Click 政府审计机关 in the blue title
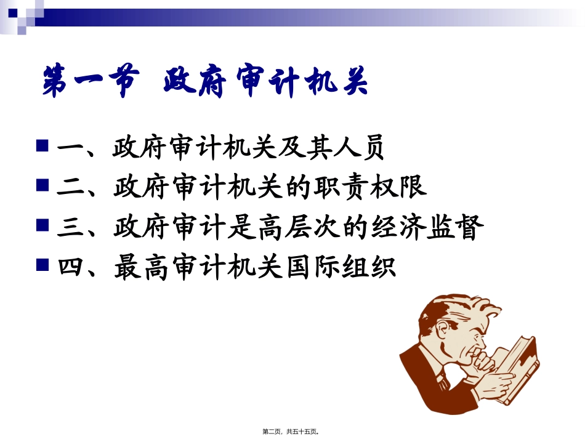click(265, 83)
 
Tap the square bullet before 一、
click(42, 147)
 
